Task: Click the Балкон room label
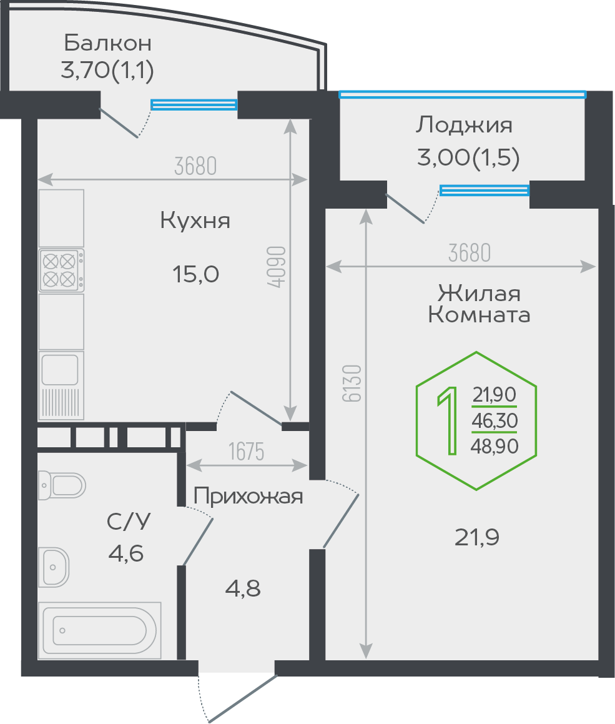click(107, 43)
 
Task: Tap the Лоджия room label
click(464, 126)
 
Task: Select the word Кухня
click(195, 221)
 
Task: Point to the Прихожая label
click(248, 497)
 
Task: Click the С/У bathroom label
click(129, 521)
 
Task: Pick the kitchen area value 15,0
click(195, 274)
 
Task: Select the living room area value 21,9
click(477, 537)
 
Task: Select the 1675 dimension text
click(247, 451)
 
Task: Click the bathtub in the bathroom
click(101, 630)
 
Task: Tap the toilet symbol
click(62, 483)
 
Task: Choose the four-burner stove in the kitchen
click(61, 270)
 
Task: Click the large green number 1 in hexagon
click(446, 420)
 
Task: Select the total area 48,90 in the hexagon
click(495, 445)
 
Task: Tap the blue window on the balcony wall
click(194, 105)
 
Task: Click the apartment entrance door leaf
click(242, 698)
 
